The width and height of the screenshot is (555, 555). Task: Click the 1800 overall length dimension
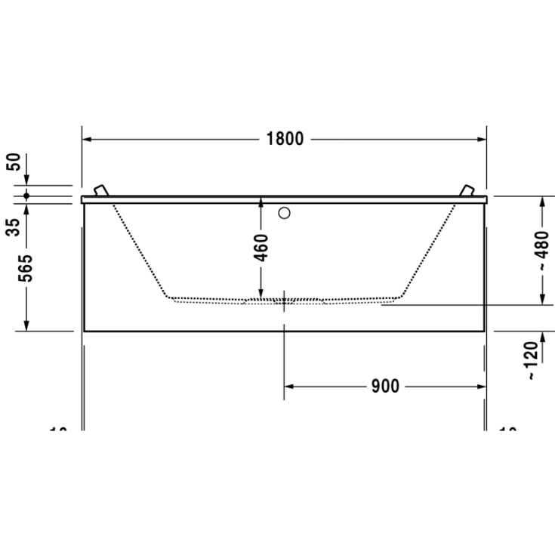285,139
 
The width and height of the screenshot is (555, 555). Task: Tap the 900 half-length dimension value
384,387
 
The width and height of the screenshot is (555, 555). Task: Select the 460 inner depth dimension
260,248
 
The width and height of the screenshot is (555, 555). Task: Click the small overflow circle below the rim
284,213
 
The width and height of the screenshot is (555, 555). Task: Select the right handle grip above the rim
468,190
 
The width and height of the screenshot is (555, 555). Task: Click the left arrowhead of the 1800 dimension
87,140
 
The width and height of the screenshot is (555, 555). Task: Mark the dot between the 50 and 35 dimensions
26,196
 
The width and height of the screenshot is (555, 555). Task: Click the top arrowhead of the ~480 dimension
542,201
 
